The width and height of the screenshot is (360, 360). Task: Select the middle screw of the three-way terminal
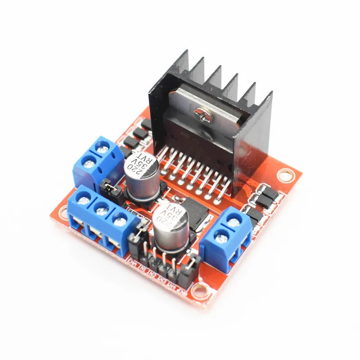click(x=102, y=208)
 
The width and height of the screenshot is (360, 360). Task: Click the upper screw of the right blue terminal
click(x=233, y=220)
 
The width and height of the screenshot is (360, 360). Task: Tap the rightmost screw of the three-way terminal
click(x=119, y=220)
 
